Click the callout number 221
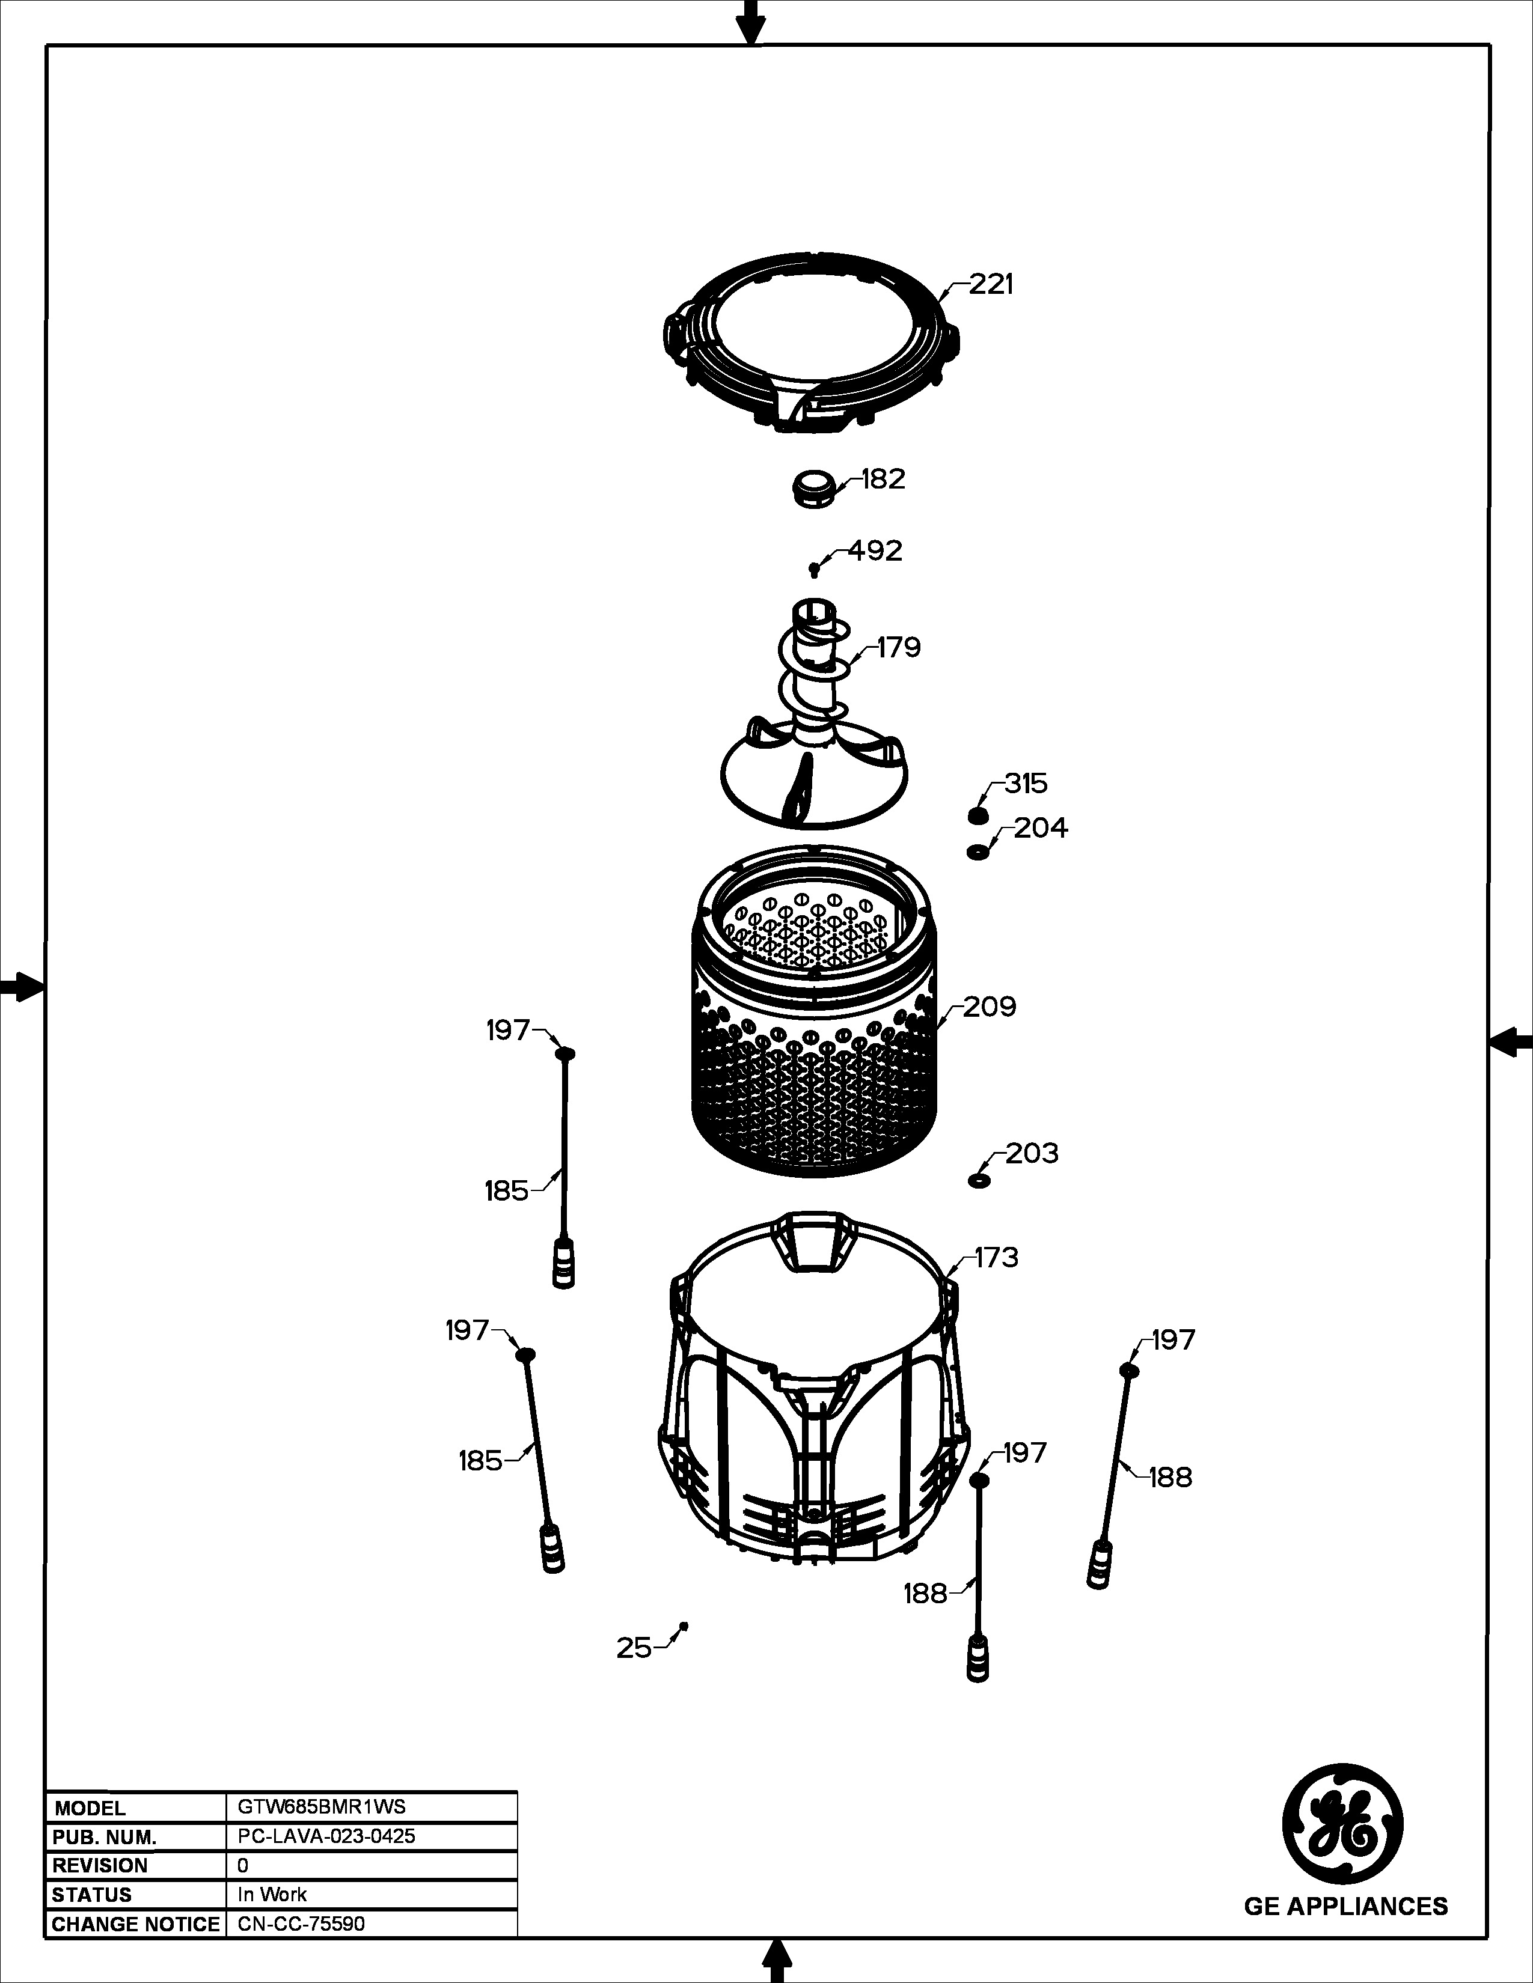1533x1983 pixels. pos(991,284)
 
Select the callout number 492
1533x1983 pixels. pos(875,551)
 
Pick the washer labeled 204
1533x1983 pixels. pos(978,851)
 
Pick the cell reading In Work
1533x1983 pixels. pos(272,1894)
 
